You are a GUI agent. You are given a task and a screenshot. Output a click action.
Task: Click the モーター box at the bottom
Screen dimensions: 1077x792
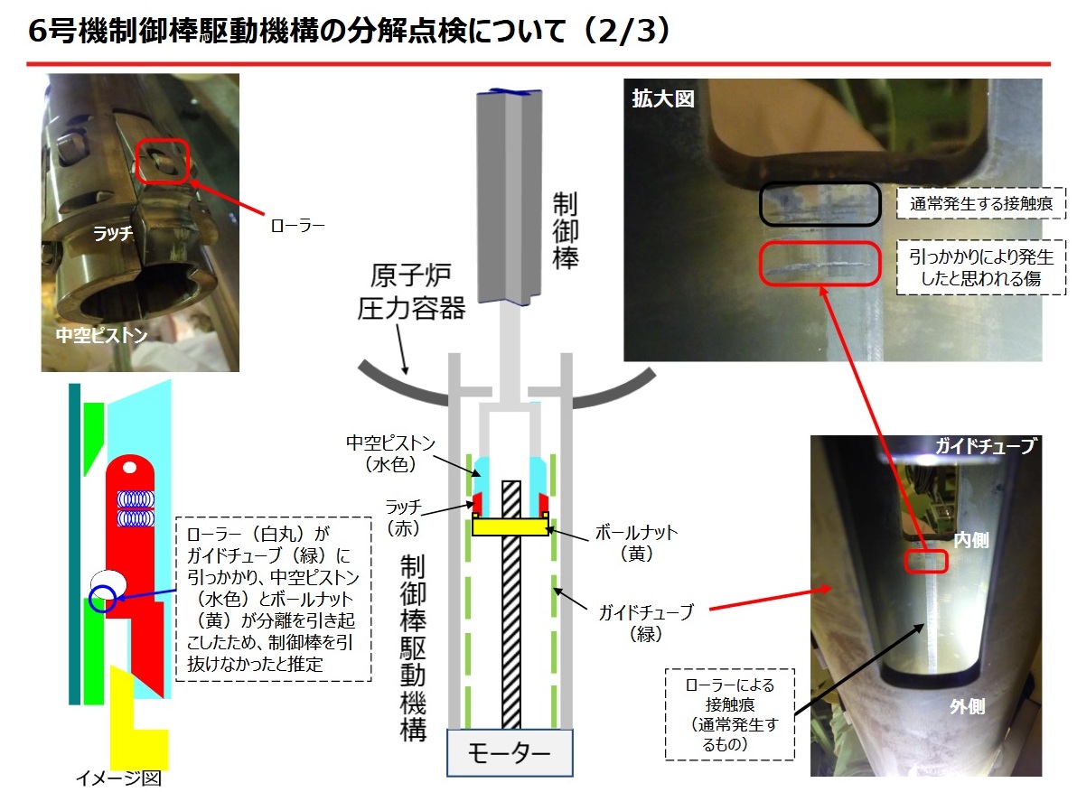click(510, 752)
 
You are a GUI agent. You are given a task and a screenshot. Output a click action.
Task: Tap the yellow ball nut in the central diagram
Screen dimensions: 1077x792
click(510, 526)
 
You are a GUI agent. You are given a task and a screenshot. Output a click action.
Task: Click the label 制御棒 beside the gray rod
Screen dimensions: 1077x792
click(566, 230)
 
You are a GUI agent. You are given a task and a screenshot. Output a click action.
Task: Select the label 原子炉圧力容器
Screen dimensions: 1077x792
click(411, 292)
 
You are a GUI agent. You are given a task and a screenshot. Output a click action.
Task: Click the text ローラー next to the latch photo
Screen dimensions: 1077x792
click(297, 225)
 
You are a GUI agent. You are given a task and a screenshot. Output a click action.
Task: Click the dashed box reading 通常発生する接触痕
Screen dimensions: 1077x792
click(981, 203)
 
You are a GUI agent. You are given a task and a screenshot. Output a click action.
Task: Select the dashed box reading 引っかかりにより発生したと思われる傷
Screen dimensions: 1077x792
click(981, 267)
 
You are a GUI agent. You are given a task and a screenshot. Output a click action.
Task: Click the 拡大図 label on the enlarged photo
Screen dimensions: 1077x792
click(663, 98)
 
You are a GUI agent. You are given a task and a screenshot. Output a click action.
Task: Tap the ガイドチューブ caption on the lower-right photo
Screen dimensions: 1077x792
click(985, 446)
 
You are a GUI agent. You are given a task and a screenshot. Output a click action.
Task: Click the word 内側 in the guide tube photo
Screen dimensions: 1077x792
click(971, 540)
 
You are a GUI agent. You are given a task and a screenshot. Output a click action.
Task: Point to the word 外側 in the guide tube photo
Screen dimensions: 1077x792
click(967, 706)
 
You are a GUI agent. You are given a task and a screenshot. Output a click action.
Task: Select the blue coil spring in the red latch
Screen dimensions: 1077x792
click(136, 508)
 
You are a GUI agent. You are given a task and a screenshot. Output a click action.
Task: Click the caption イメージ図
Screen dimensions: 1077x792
click(118, 778)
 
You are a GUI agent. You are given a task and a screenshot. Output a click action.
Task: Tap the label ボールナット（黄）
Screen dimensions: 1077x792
click(636, 543)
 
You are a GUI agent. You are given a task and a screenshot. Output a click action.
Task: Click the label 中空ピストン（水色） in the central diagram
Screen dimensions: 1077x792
click(390, 453)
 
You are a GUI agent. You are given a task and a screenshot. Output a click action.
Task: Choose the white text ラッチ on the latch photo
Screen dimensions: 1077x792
click(113, 233)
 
